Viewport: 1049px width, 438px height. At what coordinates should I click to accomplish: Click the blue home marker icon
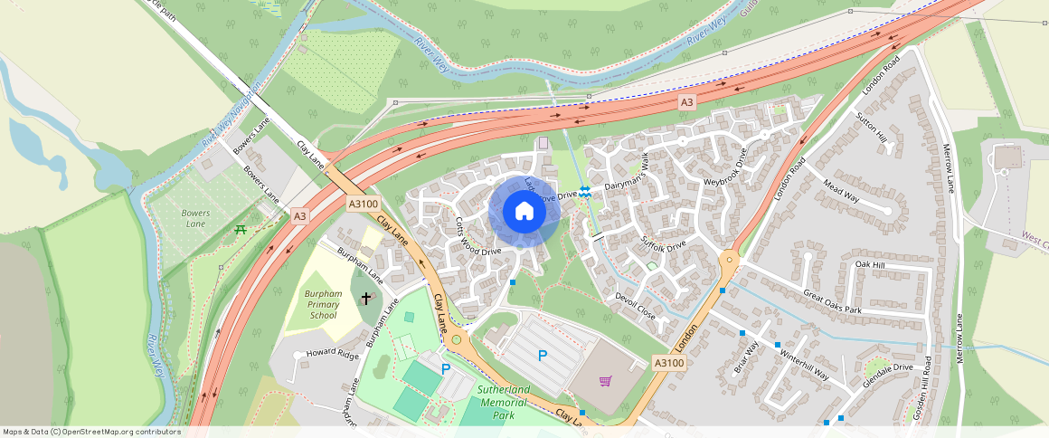(524, 211)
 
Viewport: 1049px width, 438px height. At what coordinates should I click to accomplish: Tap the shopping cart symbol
(605, 381)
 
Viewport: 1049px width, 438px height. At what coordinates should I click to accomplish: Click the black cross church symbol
(366, 298)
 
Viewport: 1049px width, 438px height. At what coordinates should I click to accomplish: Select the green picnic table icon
(241, 230)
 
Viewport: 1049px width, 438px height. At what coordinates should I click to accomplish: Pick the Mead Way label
(841, 194)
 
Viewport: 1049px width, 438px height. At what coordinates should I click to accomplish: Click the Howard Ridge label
(332, 352)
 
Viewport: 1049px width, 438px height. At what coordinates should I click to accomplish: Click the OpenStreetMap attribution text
(90, 432)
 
